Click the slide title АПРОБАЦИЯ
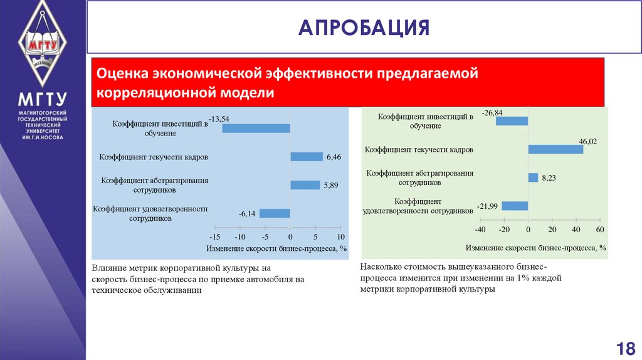[x=364, y=28]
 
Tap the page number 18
[x=626, y=347]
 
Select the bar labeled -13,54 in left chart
[x=256, y=128]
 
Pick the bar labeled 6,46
[x=307, y=157]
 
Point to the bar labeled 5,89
[x=305, y=185]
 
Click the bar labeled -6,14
[x=275, y=213]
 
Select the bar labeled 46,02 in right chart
[x=555, y=149]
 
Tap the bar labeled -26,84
[x=512, y=121]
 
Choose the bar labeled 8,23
[x=533, y=177]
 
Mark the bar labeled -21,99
[x=515, y=206]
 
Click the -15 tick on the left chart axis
[x=214, y=237]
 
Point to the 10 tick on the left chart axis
[x=340, y=237]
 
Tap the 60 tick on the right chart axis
[x=599, y=230]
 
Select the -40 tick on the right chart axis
[x=481, y=230]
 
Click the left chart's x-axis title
[x=276, y=248]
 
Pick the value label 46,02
[x=587, y=142]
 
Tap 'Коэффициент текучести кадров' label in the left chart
[x=154, y=157]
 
